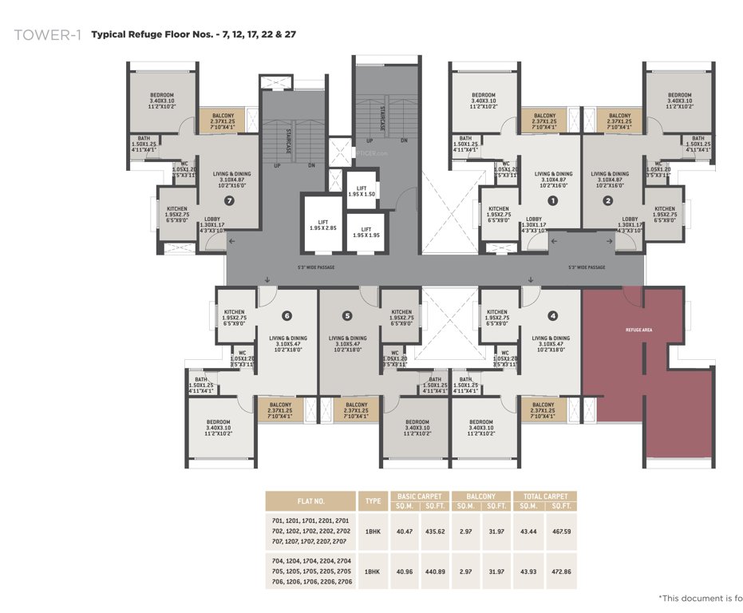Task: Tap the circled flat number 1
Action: [x=551, y=201]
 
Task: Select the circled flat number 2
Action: [x=608, y=201]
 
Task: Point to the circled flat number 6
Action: [x=286, y=316]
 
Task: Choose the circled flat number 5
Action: [x=346, y=316]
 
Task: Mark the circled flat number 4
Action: [x=552, y=316]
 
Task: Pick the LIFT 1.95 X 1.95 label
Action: [x=366, y=232]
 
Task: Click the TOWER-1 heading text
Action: [x=47, y=35]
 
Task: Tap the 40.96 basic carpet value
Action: [x=406, y=571]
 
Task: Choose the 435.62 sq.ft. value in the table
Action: [x=435, y=530]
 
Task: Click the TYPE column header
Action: [x=373, y=501]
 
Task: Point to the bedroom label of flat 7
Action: [x=162, y=98]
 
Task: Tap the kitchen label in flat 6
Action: [x=234, y=315]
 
